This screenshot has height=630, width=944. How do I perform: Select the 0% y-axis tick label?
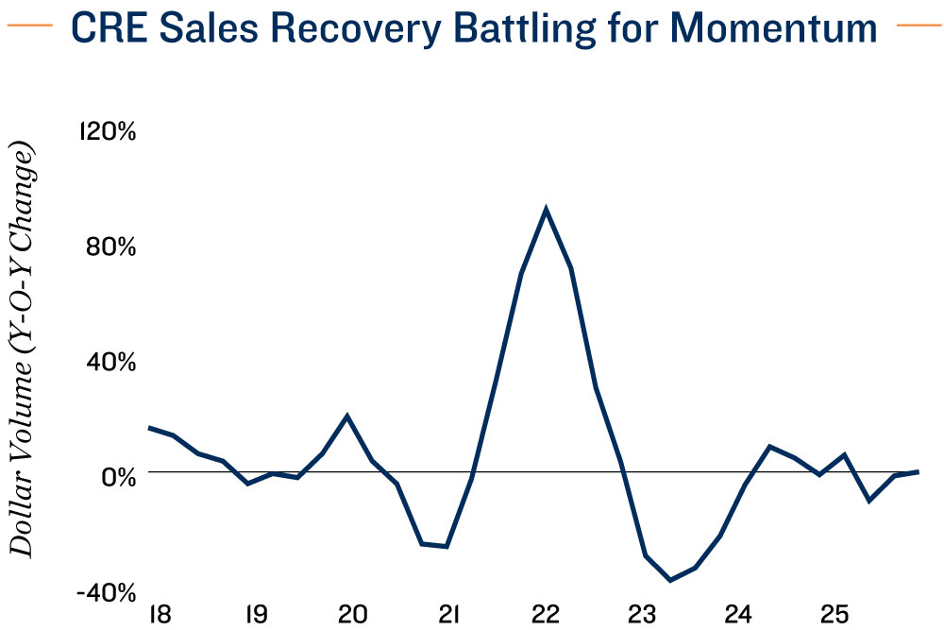click(x=119, y=476)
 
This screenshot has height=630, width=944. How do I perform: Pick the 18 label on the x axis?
click(x=158, y=614)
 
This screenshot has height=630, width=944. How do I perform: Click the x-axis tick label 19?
click(x=255, y=614)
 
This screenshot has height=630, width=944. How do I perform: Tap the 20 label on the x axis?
click(x=352, y=614)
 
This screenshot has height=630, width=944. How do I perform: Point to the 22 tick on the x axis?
click(x=546, y=614)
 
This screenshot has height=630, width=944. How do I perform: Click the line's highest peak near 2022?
click(x=546, y=209)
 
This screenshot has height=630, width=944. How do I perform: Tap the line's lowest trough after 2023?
click(x=670, y=580)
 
